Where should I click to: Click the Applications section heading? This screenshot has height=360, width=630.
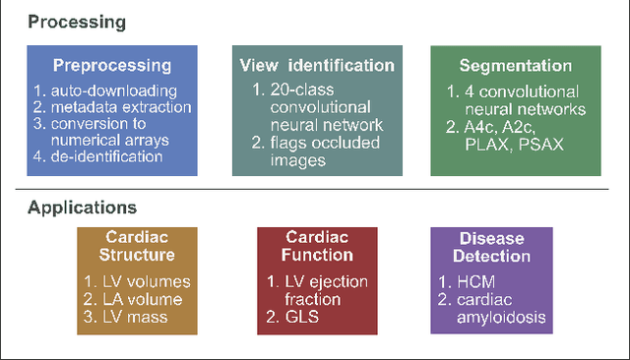82,208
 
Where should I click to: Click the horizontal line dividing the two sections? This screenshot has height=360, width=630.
315,189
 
